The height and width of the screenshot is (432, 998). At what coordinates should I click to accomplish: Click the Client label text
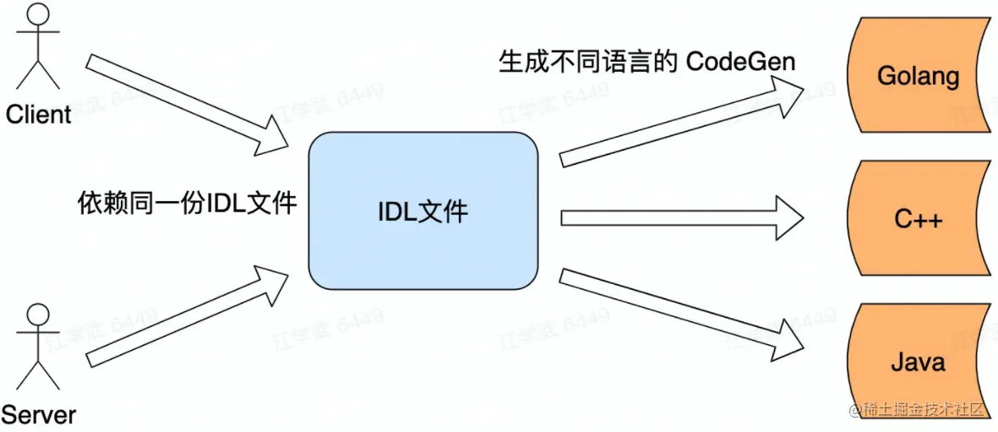coord(38,115)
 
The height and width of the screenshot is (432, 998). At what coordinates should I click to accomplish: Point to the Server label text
coord(38,415)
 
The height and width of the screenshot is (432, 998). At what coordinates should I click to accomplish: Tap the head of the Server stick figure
coord(35,315)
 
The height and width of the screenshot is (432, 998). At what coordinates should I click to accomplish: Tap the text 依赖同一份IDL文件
coord(187,203)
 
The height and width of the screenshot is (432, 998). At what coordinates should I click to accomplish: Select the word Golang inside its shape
coord(918,76)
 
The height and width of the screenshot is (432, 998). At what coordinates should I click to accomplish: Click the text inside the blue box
coord(423,211)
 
